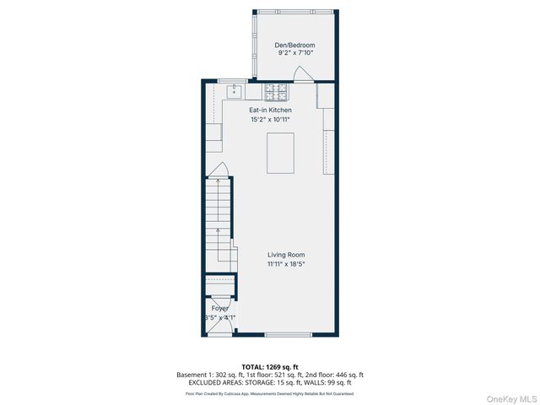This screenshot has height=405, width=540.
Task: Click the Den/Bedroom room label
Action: click(x=294, y=45)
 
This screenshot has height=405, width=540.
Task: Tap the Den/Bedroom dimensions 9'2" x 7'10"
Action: click(x=294, y=53)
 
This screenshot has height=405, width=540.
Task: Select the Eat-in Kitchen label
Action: click(x=269, y=111)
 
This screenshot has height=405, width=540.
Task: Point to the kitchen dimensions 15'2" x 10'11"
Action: click(x=269, y=120)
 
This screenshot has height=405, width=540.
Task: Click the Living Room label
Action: click(x=286, y=255)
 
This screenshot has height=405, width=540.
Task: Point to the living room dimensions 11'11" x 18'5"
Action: click(x=286, y=264)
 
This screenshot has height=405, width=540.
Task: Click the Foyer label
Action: click(x=219, y=309)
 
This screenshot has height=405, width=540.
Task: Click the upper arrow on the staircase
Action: click(x=218, y=181)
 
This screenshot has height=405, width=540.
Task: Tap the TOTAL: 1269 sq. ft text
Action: click(x=269, y=367)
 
